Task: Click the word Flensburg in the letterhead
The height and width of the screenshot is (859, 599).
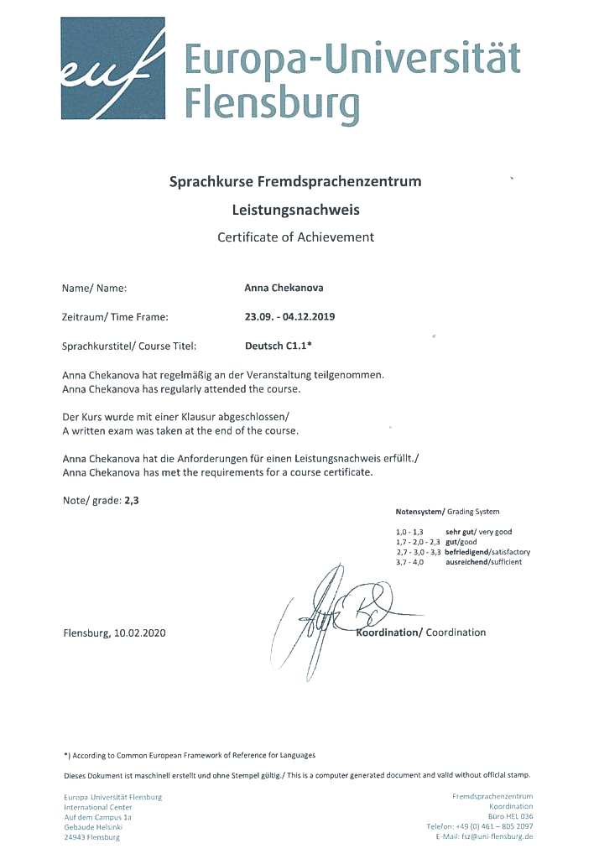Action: pos(271,104)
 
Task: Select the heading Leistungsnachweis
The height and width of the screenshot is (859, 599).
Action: pos(294,210)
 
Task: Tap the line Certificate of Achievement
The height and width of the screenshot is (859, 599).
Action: pos(295,237)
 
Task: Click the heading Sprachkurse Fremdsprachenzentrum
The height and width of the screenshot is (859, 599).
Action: pos(295,180)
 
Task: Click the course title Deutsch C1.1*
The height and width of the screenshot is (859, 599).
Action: pos(273,345)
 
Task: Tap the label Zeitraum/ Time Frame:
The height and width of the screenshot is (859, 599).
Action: pos(116,316)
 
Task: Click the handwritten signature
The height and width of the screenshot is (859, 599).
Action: pos(336,608)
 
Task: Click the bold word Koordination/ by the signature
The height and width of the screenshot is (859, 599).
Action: pos(389,633)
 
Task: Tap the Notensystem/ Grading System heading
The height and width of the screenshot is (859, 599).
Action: pos(447,512)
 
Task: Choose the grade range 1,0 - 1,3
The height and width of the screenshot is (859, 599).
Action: pos(410,532)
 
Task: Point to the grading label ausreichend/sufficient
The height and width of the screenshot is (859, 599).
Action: pos(484,562)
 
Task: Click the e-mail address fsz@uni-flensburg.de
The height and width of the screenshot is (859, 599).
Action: pos(495,836)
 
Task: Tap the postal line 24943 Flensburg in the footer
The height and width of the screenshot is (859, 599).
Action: pos(92,836)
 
